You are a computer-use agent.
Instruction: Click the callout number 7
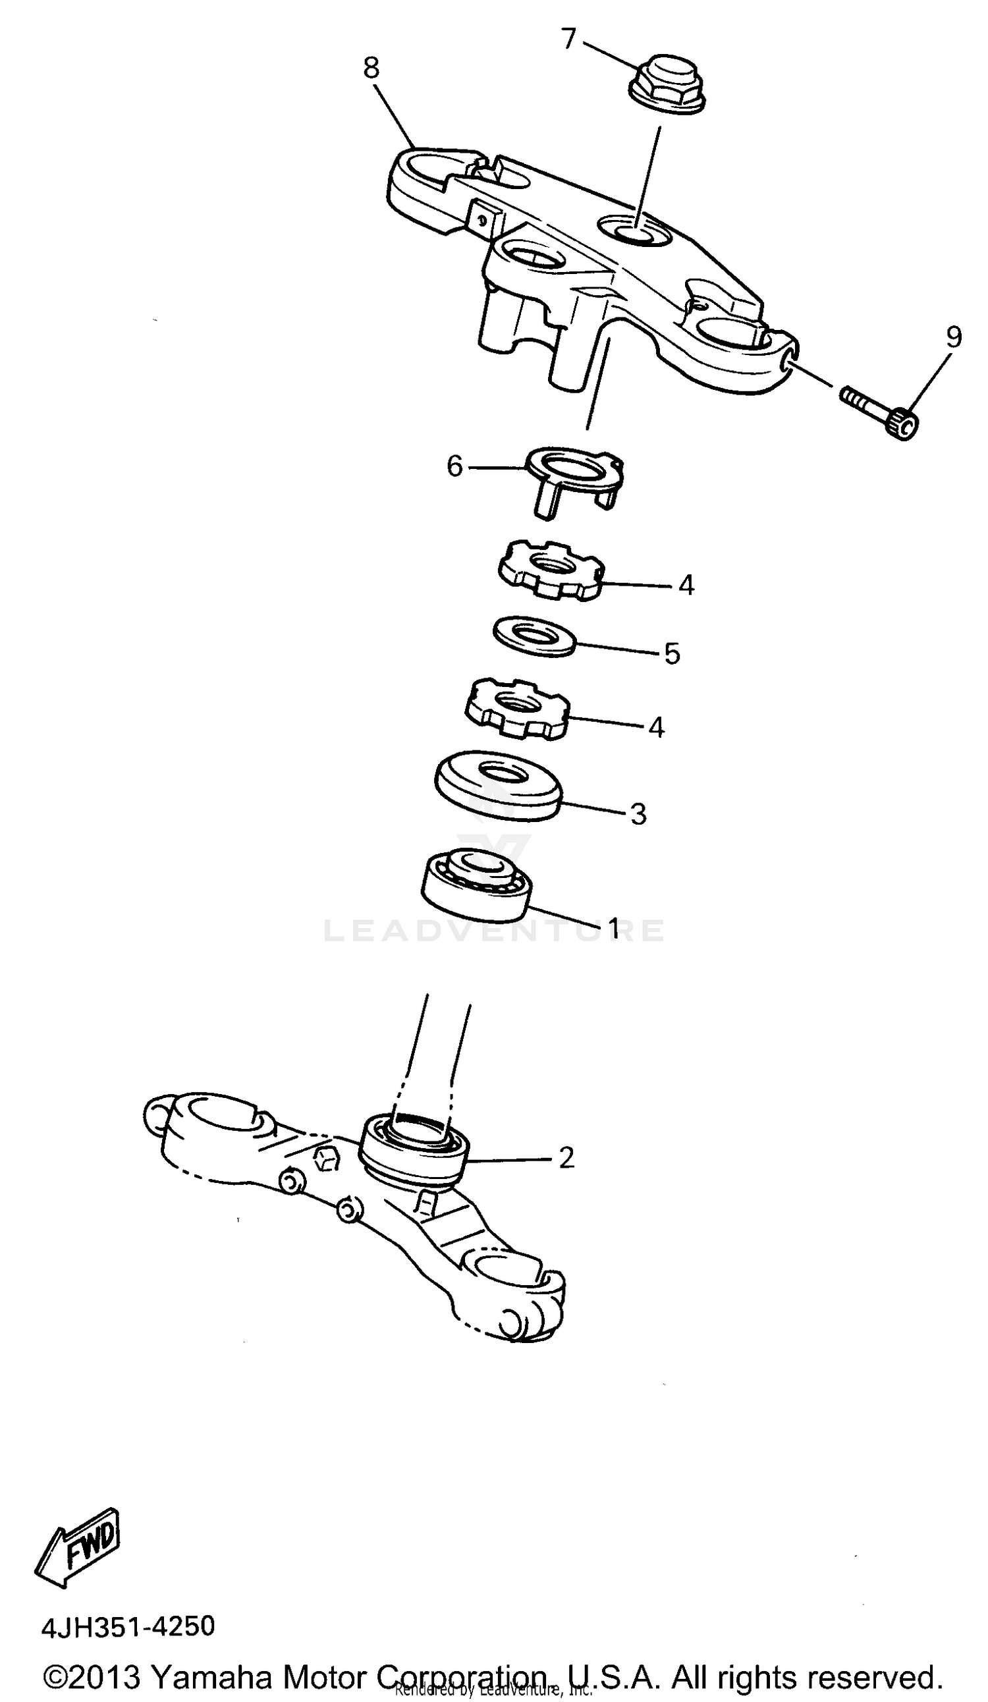(x=568, y=40)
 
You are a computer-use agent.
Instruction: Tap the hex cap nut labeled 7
(x=667, y=82)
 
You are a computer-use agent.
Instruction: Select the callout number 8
(x=371, y=69)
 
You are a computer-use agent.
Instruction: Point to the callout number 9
(x=953, y=337)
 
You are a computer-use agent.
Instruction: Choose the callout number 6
(x=455, y=466)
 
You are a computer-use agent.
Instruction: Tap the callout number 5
(x=672, y=653)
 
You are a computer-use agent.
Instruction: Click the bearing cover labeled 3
(x=498, y=785)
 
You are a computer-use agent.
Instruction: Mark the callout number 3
(x=638, y=814)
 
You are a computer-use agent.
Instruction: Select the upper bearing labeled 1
(x=476, y=885)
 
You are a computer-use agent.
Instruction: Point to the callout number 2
(x=566, y=1158)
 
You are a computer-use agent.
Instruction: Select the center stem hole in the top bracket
(x=634, y=231)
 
